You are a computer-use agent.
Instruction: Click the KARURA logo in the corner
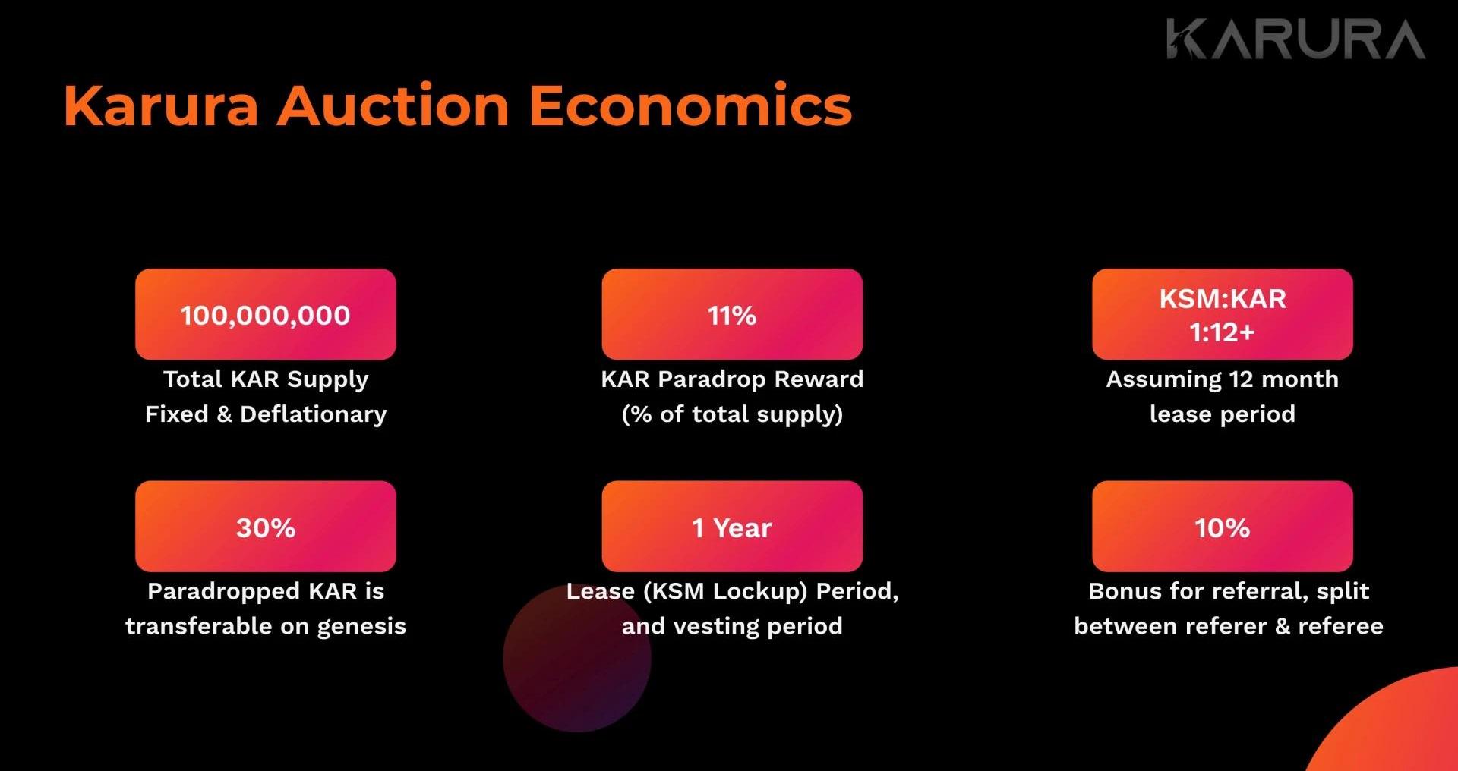(1295, 39)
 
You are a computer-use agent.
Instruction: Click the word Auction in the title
(393, 105)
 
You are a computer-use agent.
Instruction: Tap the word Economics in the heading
(690, 105)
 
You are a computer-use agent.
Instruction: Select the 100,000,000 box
(266, 314)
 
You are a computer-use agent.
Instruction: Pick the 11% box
(732, 314)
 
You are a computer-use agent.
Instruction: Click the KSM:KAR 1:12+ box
(1223, 314)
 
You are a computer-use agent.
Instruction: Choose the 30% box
(266, 526)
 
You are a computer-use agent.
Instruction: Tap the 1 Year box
(732, 526)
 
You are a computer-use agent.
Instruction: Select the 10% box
(1223, 526)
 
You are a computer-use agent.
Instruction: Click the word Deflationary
(314, 415)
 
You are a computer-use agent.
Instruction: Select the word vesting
(717, 628)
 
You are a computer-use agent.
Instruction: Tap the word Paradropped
(223, 592)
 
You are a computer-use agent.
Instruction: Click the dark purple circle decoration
(577, 659)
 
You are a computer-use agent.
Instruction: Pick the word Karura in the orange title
(161, 105)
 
